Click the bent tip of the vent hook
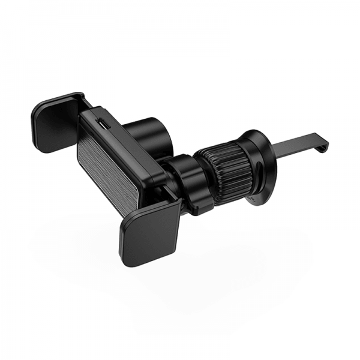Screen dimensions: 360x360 tap(324, 144)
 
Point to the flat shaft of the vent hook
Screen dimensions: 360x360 tap(294, 147)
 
